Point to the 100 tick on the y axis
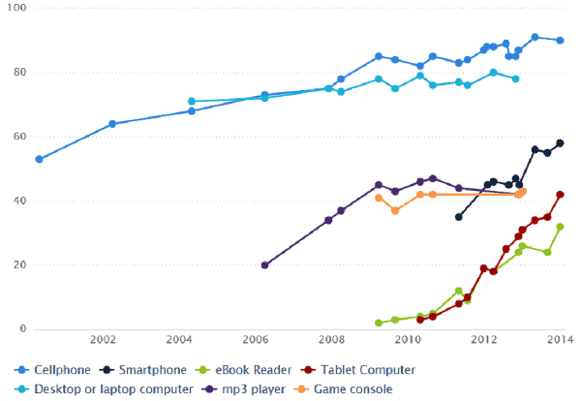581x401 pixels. (x=18, y=9)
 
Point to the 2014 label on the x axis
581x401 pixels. (x=560, y=340)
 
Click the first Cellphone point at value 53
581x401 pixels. (x=39, y=159)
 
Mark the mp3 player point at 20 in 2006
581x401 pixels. (x=264, y=264)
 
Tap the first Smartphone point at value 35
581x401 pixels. (x=458, y=217)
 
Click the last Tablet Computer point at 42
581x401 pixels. (x=561, y=195)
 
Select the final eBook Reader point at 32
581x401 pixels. (x=561, y=227)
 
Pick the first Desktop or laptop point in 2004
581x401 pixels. (x=192, y=102)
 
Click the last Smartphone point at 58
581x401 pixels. (x=561, y=143)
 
